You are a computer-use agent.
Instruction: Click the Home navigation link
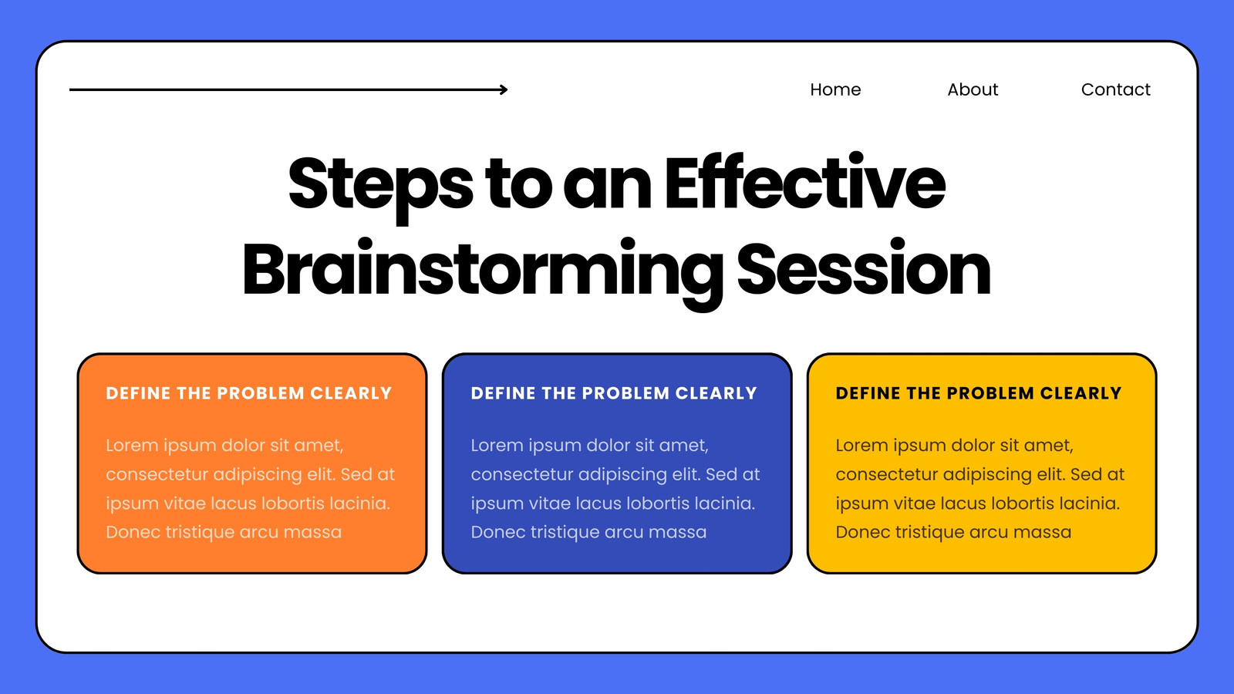835,89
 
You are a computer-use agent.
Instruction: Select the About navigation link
973,89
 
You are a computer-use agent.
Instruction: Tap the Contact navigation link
1115,89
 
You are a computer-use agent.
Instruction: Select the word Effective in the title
805,182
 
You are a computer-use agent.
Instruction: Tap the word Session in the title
864,268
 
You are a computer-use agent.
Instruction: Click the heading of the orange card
249,393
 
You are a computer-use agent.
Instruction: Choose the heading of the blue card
614,393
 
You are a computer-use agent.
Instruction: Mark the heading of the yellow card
979,393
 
